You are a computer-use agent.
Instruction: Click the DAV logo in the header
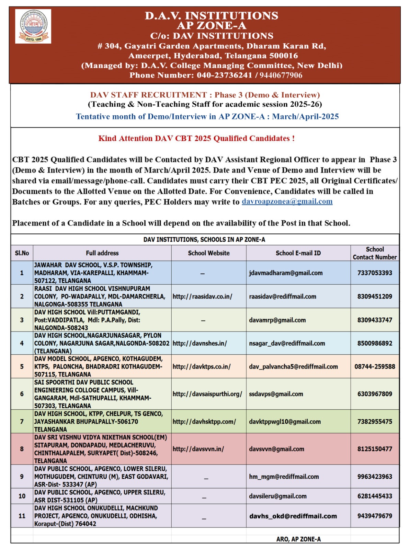[x=33, y=26]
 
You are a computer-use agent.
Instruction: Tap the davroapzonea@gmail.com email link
[x=287, y=201]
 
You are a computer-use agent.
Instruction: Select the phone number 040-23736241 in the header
[x=224, y=75]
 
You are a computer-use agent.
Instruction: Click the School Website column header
[x=208, y=253]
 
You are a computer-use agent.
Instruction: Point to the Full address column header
[x=102, y=253]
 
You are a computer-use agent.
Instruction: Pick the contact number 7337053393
[x=375, y=273]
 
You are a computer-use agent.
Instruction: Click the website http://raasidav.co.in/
[x=202, y=296]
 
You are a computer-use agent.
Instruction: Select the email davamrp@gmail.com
[x=277, y=320]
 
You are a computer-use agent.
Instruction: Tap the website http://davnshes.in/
[x=200, y=343]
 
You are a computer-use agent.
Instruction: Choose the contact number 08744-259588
[x=375, y=366]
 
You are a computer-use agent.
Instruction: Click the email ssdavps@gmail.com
[x=276, y=394]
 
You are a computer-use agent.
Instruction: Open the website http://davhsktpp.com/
[x=204, y=422]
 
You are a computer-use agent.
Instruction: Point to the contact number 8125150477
[x=375, y=449]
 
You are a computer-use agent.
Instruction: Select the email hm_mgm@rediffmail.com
[x=284, y=477]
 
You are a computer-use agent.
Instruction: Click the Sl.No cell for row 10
[x=22, y=496]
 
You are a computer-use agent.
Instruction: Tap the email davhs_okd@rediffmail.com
[x=293, y=516]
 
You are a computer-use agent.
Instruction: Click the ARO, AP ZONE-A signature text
[x=298, y=539]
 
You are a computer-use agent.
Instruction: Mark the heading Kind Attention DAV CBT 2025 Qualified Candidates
[x=196, y=138]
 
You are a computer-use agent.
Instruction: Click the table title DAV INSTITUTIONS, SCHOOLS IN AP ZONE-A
[x=204, y=240]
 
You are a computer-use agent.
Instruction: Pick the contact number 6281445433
[x=375, y=496]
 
